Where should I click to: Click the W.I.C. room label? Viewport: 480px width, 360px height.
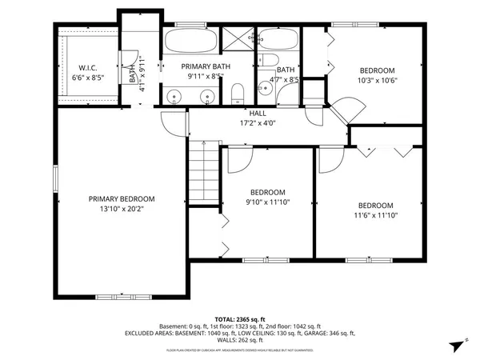(x=86, y=67)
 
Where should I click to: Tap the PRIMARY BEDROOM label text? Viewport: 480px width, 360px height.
(x=122, y=199)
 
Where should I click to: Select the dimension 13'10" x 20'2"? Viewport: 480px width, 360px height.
(x=122, y=210)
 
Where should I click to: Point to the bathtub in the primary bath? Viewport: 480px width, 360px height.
(x=190, y=41)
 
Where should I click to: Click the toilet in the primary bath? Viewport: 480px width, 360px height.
(x=236, y=97)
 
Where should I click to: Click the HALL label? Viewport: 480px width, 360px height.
(x=258, y=114)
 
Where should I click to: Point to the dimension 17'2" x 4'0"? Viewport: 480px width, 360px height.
(x=258, y=124)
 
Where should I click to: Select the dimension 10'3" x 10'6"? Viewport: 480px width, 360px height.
(x=376, y=80)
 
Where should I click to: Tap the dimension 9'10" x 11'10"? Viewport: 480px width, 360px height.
(x=267, y=202)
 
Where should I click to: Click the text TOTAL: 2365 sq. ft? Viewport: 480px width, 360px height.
(x=240, y=319)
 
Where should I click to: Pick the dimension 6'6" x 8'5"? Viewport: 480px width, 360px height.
(x=86, y=78)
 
